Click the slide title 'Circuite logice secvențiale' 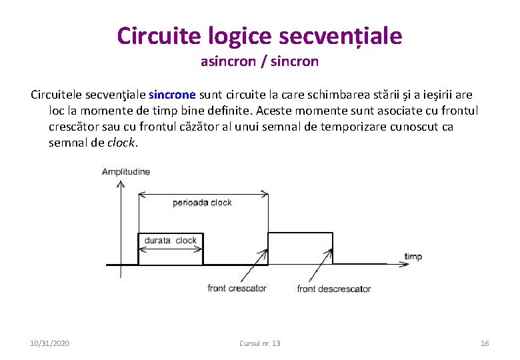coord(259,35)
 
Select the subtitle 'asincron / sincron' coord(259,62)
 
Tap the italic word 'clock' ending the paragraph coord(121,143)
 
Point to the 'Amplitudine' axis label coord(126,172)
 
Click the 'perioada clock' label coord(202,203)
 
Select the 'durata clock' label coord(171,241)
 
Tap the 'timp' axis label coord(413,257)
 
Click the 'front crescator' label coord(237,289)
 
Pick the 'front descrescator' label coord(333,289)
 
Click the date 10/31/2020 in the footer coord(50,343)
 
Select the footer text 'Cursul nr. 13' coord(259,343)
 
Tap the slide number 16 coord(485,343)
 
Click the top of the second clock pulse coord(300,233)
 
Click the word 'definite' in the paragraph coord(233,111)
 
